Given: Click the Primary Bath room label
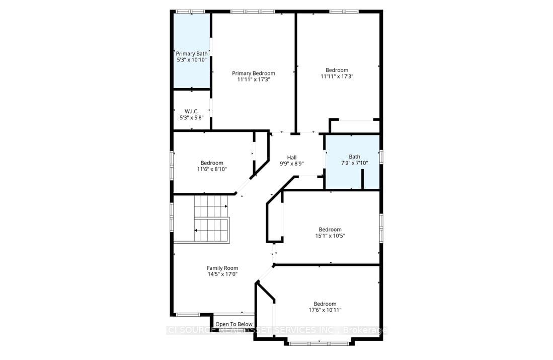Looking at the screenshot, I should tap(191, 53).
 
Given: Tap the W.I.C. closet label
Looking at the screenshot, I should tap(191, 111).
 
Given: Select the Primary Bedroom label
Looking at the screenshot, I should tap(253, 73).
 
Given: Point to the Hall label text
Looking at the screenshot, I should tap(292, 157).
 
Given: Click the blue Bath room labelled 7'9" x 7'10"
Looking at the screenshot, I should tap(354, 159).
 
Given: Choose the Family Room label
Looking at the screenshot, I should tap(222, 268).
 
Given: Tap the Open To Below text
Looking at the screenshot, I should tap(233, 324).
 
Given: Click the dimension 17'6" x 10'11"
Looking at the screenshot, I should tap(325, 310).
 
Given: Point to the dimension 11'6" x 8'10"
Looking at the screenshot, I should tap(211, 169).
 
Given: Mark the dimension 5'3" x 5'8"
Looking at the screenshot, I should tap(191, 117).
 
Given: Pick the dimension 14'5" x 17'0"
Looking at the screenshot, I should tap(222, 274).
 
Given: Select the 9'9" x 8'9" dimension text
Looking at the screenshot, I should tap(292, 164).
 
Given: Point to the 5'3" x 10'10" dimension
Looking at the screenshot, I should tap(191, 59).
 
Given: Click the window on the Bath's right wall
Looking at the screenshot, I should tap(381, 157).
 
